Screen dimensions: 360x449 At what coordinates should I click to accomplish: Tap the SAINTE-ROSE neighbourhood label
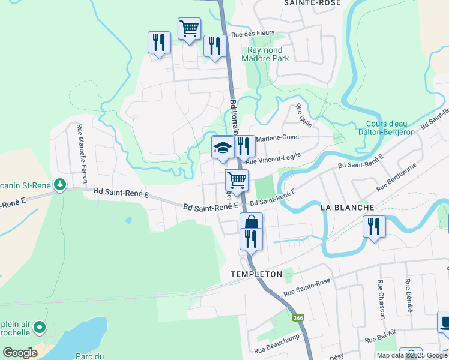point(312,3)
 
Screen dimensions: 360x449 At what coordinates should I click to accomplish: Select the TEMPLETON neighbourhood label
point(256,274)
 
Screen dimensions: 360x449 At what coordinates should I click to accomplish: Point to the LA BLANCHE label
point(348,207)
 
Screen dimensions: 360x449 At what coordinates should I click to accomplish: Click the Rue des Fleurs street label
point(244,34)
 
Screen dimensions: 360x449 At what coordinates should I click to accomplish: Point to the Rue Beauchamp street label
point(277,347)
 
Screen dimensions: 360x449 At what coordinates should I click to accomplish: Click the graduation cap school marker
point(223,147)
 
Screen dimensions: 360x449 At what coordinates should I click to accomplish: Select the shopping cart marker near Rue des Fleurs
point(189,28)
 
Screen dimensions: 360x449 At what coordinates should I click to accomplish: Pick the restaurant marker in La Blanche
point(373,227)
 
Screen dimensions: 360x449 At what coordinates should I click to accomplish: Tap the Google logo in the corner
point(20,353)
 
